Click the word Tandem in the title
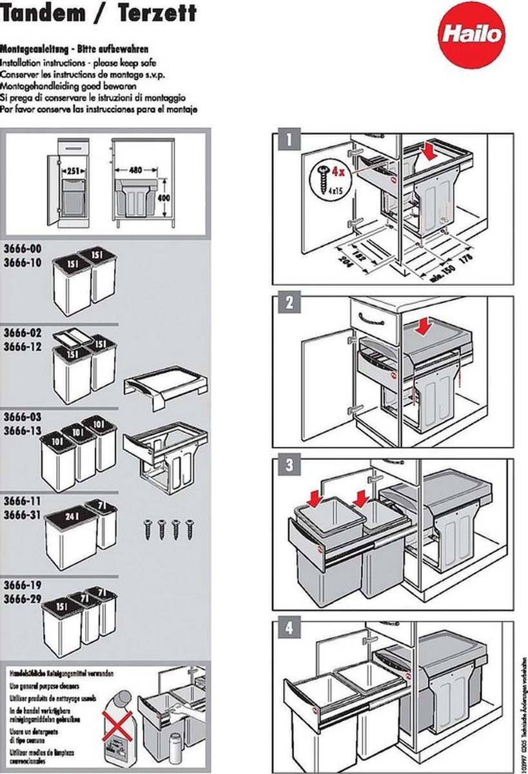[x=44, y=12]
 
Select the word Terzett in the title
[x=158, y=12]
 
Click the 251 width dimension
[x=74, y=171]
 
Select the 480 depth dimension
[x=135, y=170]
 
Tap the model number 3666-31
[x=22, y=510]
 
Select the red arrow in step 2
[x=424, y=328]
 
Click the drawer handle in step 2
[x=374, y=317]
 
